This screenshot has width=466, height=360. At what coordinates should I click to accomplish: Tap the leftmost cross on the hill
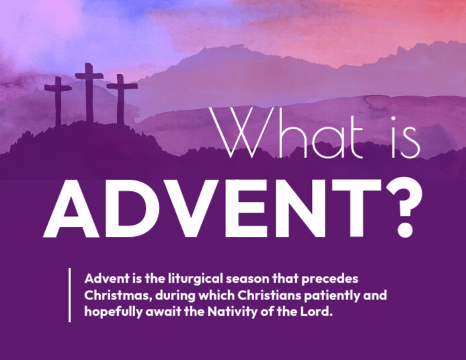pos(59,101)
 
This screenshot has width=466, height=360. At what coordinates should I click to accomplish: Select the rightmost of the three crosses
pos(122,100)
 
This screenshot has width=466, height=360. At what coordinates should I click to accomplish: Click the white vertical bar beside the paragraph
pos(69,295)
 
